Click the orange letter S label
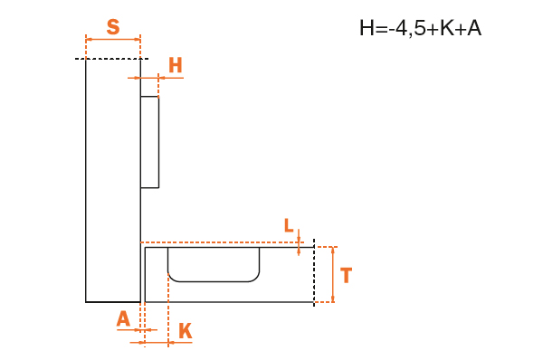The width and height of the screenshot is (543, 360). (113, 26)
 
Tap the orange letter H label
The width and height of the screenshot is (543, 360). (176, 65)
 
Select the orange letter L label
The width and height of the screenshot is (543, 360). (289, 225)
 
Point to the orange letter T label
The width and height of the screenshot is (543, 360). (346, 275)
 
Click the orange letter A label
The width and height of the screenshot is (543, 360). (123, 318)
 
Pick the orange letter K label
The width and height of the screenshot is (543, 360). (186, 331)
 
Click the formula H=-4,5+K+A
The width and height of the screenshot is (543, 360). (420, 28)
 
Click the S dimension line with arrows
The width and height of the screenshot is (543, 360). (113, 40)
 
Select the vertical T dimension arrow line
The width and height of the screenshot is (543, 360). (333, 274)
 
